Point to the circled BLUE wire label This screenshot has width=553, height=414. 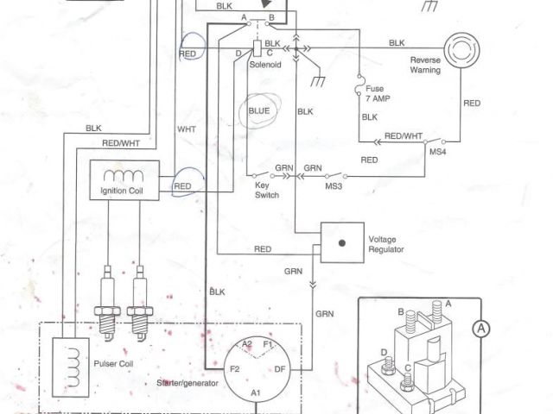[x=259, y=111]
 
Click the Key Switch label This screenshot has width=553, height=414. [x=264, y=191]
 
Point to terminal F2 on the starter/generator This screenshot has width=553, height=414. [x=234, y=368]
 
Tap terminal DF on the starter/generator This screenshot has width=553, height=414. [x=280, y=368]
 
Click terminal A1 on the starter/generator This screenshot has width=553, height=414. [x=256, y=392]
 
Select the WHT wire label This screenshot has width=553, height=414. [x=187, y=129]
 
